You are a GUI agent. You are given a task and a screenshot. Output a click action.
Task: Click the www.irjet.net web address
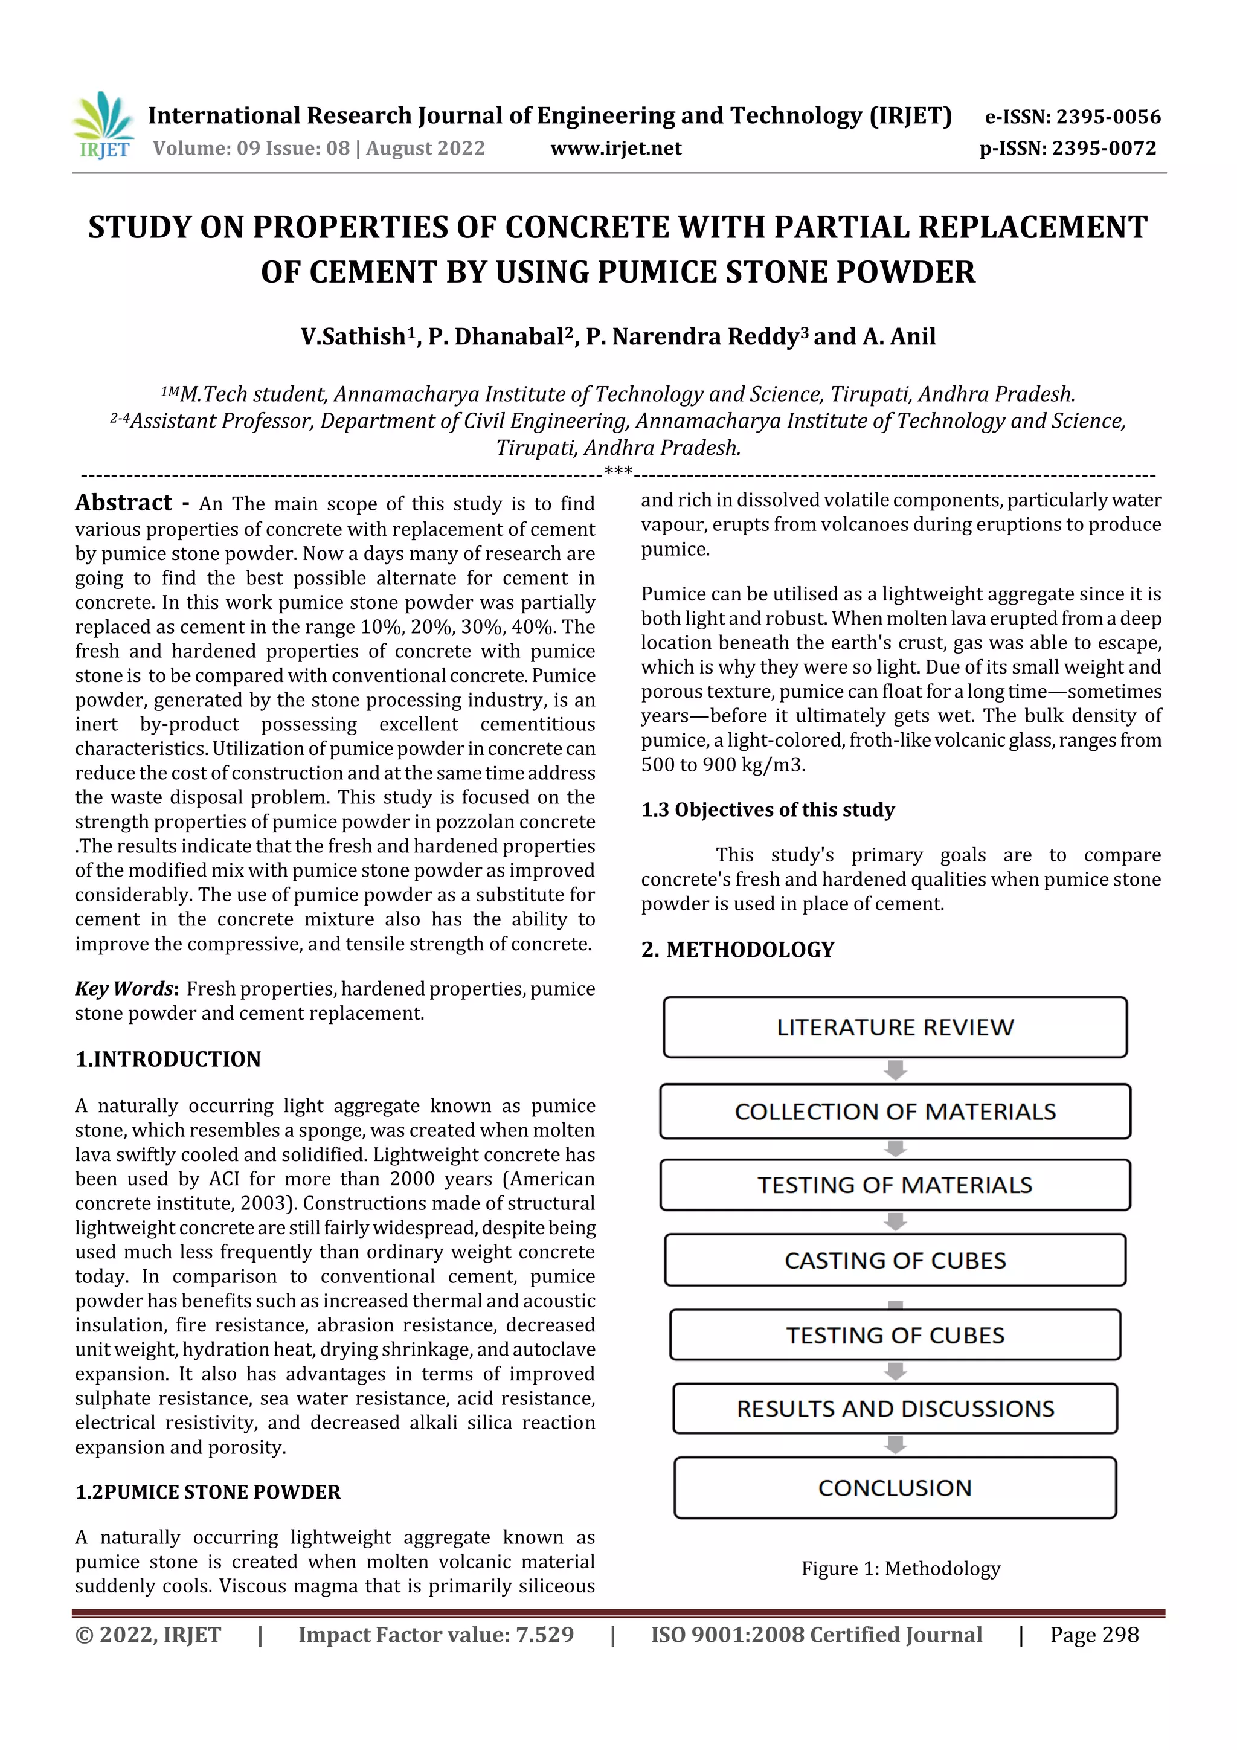click(616, 149)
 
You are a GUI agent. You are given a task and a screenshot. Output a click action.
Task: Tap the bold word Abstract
click(123, 503)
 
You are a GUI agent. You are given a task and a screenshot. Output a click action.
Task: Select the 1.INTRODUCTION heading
click(168, 1059)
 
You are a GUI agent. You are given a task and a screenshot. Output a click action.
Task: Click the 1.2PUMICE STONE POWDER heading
click(207, 1491)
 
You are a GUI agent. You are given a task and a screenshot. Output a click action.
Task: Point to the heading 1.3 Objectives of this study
click(768, 809)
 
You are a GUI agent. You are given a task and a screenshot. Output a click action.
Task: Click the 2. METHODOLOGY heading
click(737, 950)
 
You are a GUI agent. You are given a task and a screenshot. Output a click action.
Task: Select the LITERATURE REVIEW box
click(895, 1028)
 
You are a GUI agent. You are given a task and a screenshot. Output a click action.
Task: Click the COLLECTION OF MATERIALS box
click(895, 1111)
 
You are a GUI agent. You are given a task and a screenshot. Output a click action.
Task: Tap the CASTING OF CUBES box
click(895, 1261)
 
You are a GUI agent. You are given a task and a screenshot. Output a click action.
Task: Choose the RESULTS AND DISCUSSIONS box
click(895, 1409)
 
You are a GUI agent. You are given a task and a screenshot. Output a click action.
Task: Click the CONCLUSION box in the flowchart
click(895, 1488)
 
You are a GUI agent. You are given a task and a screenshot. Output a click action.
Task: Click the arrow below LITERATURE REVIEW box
click(895, 1070)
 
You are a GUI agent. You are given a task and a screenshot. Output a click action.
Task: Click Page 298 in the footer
click(1094, 1635)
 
